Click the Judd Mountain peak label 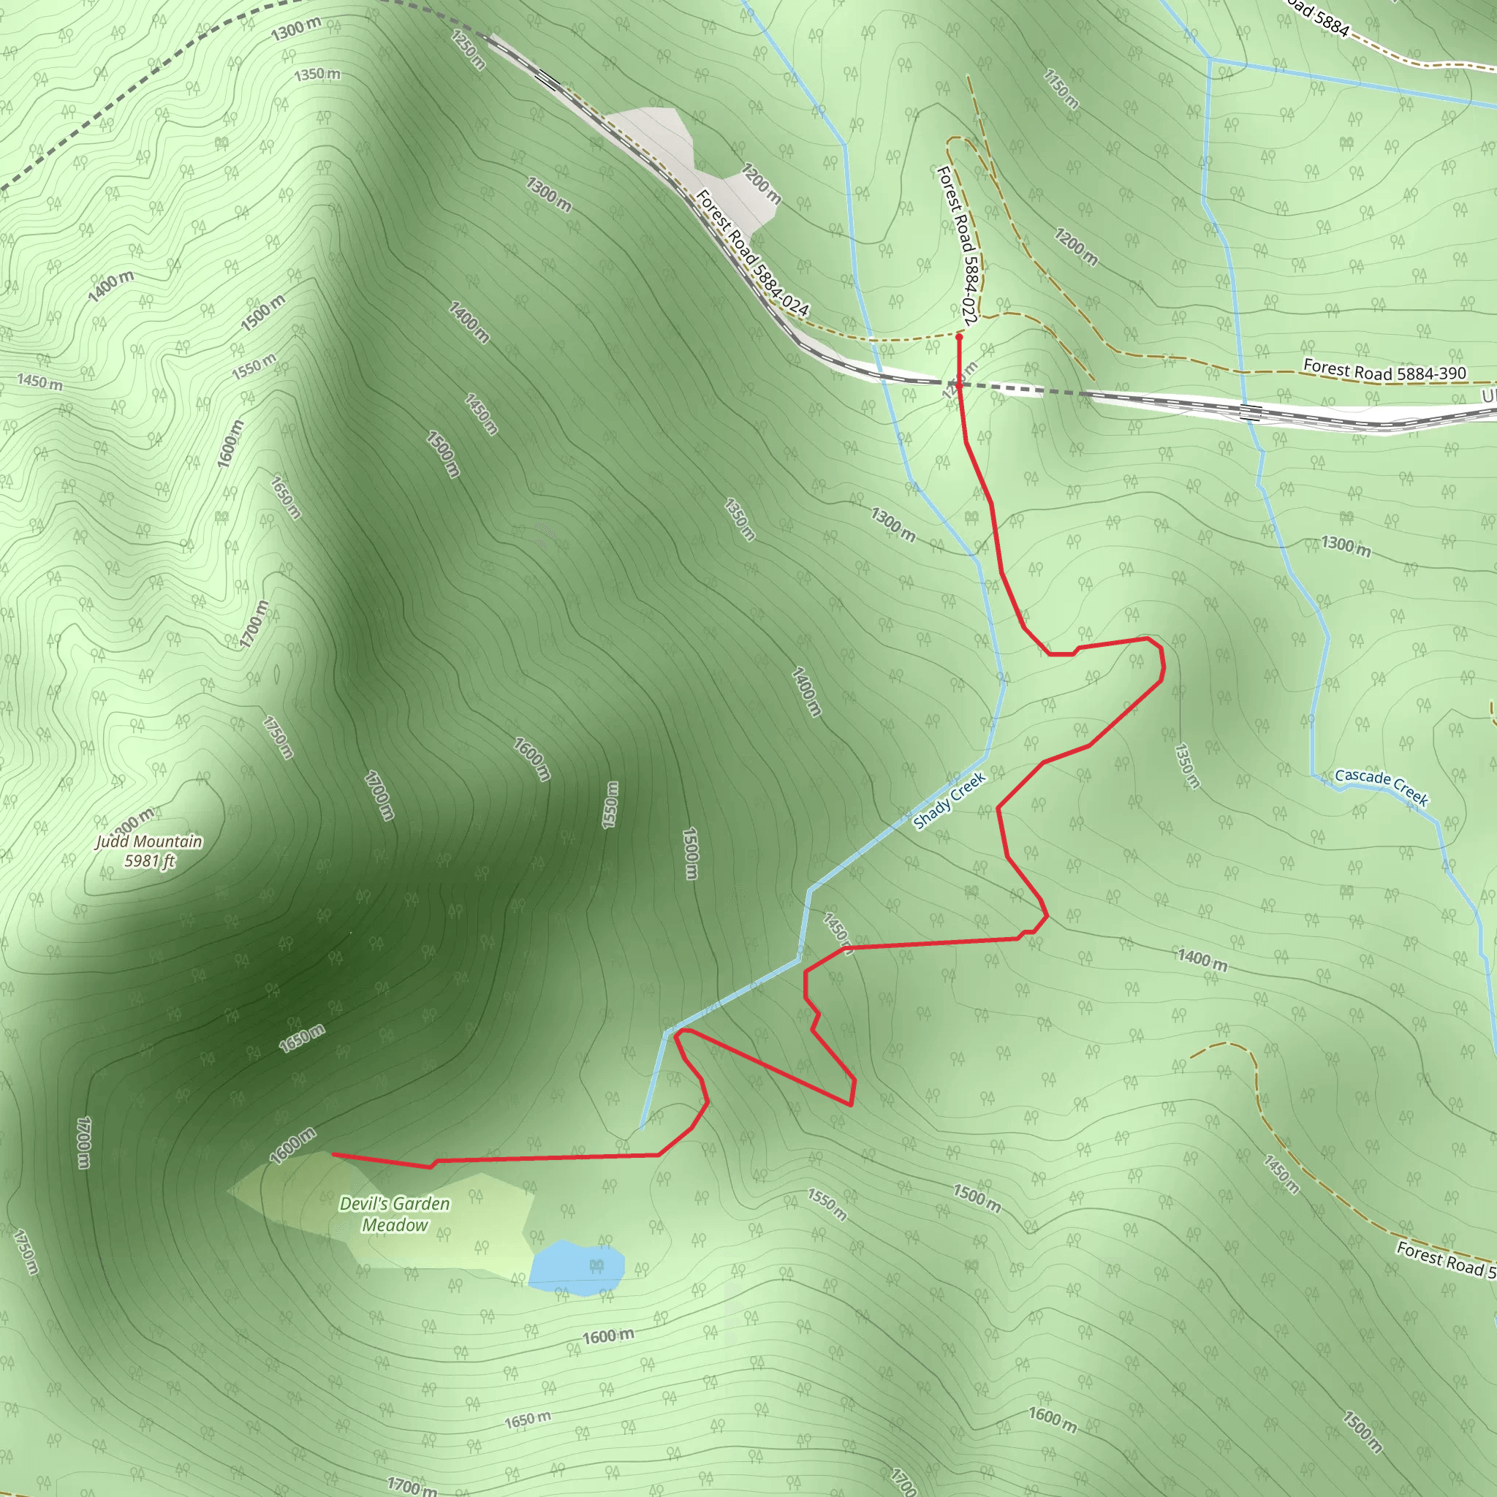(149, 841)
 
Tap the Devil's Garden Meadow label (395, 1214)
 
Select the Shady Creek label (950, 800)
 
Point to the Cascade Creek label (1381, 787)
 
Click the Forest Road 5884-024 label (751, 254)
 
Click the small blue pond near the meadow (577, 1265)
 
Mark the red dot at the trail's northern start (959, 337)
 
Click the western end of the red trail (334, 1153)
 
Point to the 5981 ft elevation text (150, 860)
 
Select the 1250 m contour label (468, 50)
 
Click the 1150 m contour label (1061, 89)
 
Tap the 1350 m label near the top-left (317, 75)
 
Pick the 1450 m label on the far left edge (40, 382)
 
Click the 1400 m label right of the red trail (1202, 958)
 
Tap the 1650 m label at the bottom (528, 1420)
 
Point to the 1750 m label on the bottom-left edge (26, 1251)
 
